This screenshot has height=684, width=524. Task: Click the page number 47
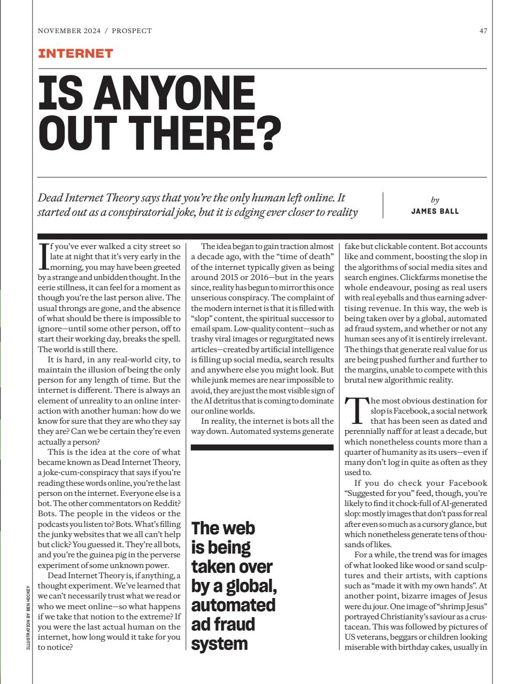(x=483, y=31)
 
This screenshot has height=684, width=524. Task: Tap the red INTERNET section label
(x=75, y=53)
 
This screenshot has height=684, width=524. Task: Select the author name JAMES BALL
(x=435, y=211)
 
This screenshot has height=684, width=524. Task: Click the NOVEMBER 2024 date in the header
(x=70, y=31)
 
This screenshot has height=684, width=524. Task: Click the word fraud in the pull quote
(x=223, y=624)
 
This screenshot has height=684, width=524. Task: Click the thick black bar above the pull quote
(x=262, y=447)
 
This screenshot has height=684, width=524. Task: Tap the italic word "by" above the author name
(x=435, y=200)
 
